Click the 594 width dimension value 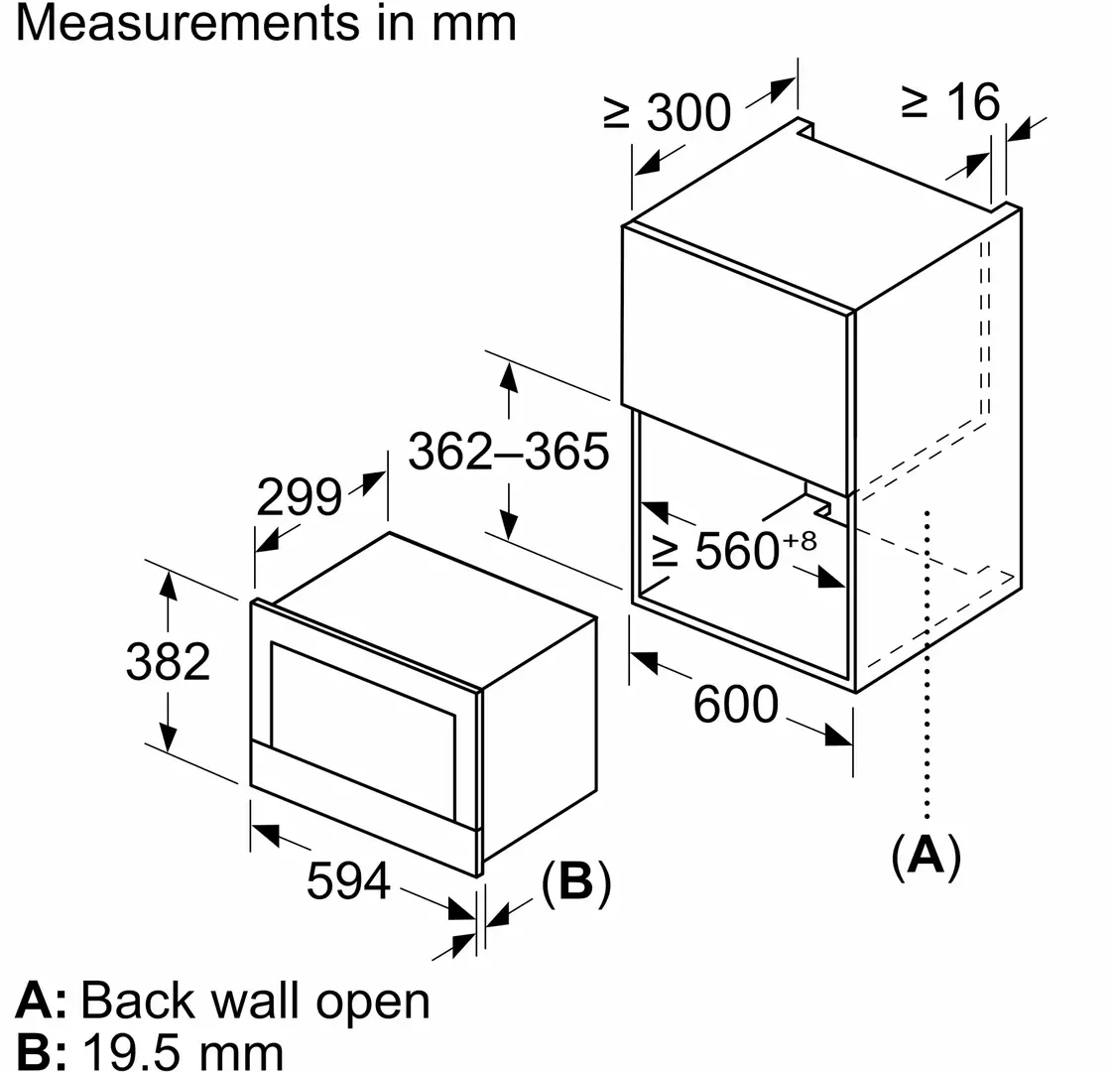348,879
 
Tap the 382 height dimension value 169,661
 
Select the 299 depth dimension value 299,496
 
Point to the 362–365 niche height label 509,454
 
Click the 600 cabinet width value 736,705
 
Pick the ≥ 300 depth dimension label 668,113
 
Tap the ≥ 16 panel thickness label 950,101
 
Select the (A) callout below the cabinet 927,855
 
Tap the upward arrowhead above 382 168,585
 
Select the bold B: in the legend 41,1051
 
